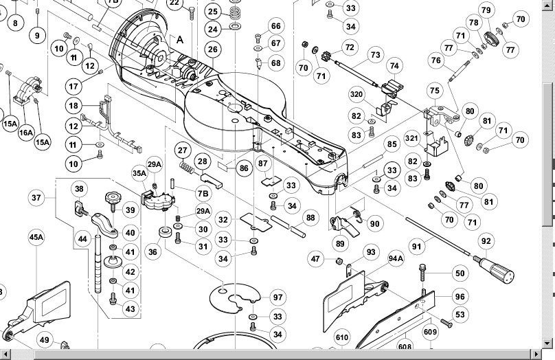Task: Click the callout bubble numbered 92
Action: (486, 241)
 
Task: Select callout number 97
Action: (277, 297)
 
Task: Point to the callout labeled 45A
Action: (37, 238)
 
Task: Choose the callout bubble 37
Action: (37, 197)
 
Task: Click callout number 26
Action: (213, 49)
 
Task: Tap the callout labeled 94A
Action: (396, 258)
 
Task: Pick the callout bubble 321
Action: (412, 138)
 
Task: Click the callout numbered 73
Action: (375, 54)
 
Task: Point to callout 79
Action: (486, 10)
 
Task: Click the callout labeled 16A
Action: (26, 133)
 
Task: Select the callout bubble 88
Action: (311, 218)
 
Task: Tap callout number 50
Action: (460, 273)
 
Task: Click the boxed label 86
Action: (243, 167)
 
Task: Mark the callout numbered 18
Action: (74, 105)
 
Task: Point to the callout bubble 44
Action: (82, 239)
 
